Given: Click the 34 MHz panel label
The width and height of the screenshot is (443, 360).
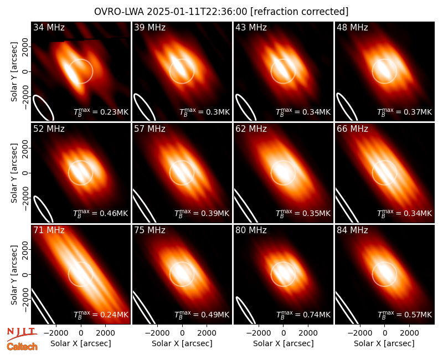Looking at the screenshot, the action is tap(49, 27).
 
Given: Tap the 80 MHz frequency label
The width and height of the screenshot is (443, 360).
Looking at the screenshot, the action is tap(251, 230).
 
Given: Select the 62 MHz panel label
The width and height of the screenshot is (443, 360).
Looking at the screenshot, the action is tap(251, 129).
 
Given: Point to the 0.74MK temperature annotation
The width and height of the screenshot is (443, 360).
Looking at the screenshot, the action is tap(303, 314).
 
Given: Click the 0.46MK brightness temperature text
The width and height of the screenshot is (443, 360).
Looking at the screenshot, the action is tap(101, 213).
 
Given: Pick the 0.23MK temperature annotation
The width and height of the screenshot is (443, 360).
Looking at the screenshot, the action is tap(101, 111).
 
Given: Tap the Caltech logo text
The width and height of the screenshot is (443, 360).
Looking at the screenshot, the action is tap(22, 347).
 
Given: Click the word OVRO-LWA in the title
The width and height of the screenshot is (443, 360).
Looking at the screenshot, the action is tap(119, 12).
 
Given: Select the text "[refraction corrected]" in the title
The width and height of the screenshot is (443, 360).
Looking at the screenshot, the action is tap(300, 12).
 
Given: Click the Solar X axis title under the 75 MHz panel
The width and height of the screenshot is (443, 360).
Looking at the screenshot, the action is tap(182, 343).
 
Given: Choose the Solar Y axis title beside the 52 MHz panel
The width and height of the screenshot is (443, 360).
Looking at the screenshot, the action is tap(14, 173).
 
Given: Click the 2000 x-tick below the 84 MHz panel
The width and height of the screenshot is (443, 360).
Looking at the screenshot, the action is tap(409, 333).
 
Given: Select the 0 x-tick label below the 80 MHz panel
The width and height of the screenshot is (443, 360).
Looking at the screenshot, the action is tap(284, 333).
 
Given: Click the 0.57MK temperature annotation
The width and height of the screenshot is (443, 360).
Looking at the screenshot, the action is tap(405, 314).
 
